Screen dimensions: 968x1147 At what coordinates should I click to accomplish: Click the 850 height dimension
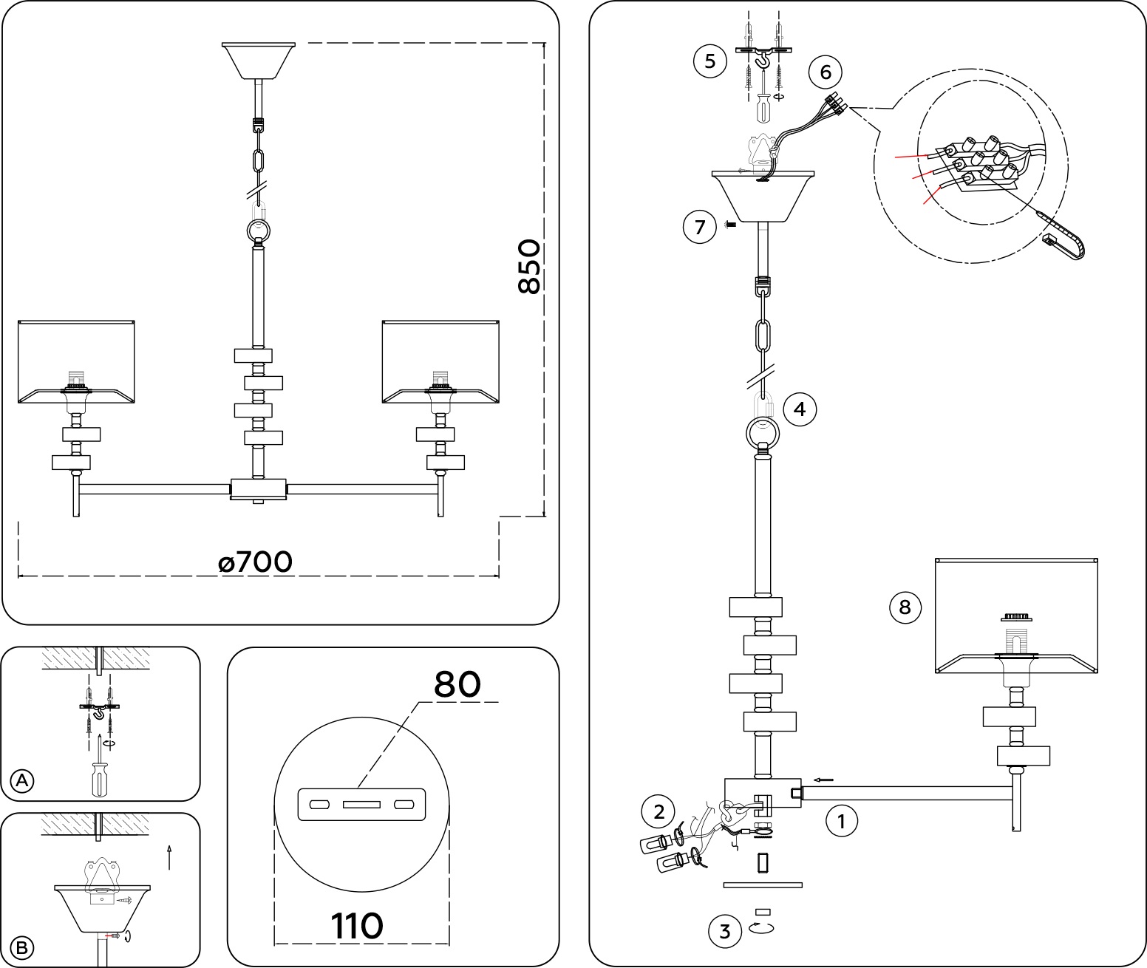(x=529, y=267)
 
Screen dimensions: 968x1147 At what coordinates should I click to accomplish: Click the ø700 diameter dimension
(x=256, y=562)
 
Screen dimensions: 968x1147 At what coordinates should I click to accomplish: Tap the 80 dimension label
(x=457, y=684)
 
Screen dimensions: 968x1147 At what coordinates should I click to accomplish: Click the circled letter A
(x=23, y=780)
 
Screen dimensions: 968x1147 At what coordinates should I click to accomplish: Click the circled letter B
(x=23, y=947)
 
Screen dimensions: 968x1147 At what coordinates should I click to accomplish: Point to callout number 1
(x=841, y=820)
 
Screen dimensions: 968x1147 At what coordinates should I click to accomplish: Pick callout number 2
(x=658, y=812)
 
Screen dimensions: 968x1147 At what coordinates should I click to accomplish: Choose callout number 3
(x=724, y=931)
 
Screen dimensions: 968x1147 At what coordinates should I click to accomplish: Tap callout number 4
(x=800, y=409)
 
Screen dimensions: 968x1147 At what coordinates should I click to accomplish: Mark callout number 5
(x=709, y=61)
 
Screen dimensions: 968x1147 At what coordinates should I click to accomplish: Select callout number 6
(x=826, y=72)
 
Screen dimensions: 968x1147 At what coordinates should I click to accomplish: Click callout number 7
(x=700, y=226)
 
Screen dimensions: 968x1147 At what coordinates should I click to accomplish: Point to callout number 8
(x=905, y=607)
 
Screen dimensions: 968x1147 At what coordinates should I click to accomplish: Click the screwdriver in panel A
(x=99, y=776)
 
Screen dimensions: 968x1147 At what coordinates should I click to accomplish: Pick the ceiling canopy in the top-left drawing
(x=259, y=60)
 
